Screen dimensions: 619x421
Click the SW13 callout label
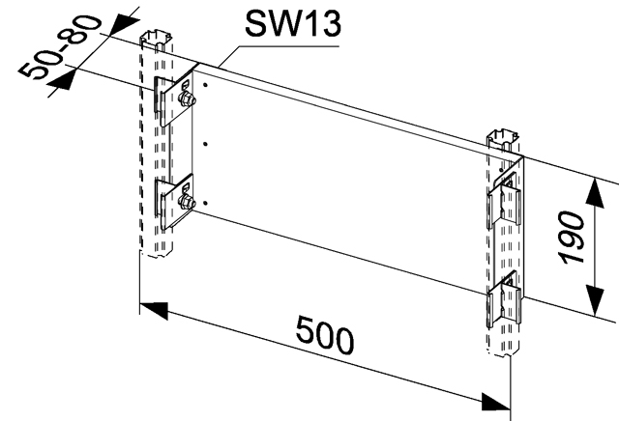pos(292,23)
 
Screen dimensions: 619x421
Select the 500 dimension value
pos(325,334)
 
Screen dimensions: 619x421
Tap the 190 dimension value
pos(573,238)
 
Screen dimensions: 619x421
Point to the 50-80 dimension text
pos(60,46)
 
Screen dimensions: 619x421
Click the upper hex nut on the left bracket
pos(187,98)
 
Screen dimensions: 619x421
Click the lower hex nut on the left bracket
pos(187,202)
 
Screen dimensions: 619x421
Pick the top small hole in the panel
pos(205,85)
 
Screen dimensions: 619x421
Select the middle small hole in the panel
pos(205,144)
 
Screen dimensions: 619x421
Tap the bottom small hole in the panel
pos(205,203)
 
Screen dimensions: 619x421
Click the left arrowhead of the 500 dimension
pos(154,310)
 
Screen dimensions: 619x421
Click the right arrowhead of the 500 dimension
pos(496,402)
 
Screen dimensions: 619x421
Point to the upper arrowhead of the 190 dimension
pos(595,193)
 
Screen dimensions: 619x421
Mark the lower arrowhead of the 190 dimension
pos(595,300)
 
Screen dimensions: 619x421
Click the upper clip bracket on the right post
pos(506,200)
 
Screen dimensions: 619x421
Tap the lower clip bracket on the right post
pos(506,299)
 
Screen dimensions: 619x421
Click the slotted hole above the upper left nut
pos(185,84)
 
